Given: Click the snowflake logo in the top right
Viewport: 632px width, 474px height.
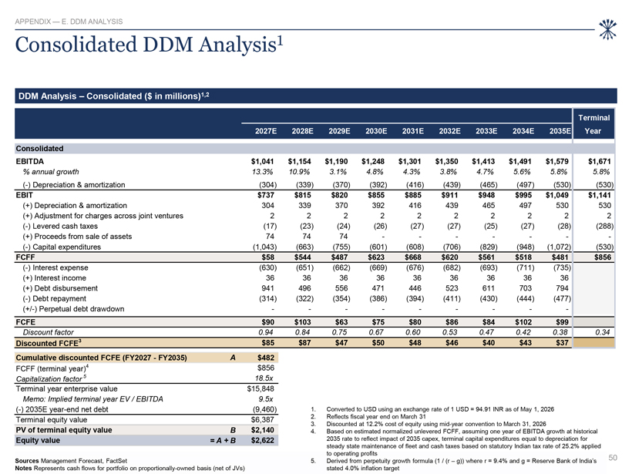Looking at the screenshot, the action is click(x=607, y=29).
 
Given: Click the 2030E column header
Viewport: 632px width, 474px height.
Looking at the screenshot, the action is click(x=376, y=131).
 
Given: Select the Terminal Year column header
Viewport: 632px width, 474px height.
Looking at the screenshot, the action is click(x=593, y=124).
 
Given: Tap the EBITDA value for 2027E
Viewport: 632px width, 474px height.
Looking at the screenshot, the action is click(x=262, y=161).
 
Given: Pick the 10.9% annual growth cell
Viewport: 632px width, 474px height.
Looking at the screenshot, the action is click(x=299, y=172).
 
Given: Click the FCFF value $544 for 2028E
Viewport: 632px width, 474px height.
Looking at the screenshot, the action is click(x=303, y=257).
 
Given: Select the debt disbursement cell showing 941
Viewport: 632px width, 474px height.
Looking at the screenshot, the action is click(x=267, y=288).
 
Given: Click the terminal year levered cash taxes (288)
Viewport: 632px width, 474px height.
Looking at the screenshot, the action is click(x=605, y=226).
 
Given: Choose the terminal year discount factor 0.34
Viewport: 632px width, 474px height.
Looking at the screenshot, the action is click(x=603, y=332).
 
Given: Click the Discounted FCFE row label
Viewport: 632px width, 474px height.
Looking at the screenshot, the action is click(x=47, y=343).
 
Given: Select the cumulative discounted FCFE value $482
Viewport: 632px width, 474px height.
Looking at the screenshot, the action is click(x=266, y=358).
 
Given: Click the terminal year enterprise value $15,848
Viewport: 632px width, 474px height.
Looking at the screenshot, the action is click(x=261, y=388).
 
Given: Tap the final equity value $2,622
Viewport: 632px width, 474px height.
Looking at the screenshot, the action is click(x=262, y=440).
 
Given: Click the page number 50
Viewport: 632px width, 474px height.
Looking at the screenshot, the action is click(x=613, y=458).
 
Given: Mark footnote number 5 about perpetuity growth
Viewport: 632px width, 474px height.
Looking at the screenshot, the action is click(x=313, y=461).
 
